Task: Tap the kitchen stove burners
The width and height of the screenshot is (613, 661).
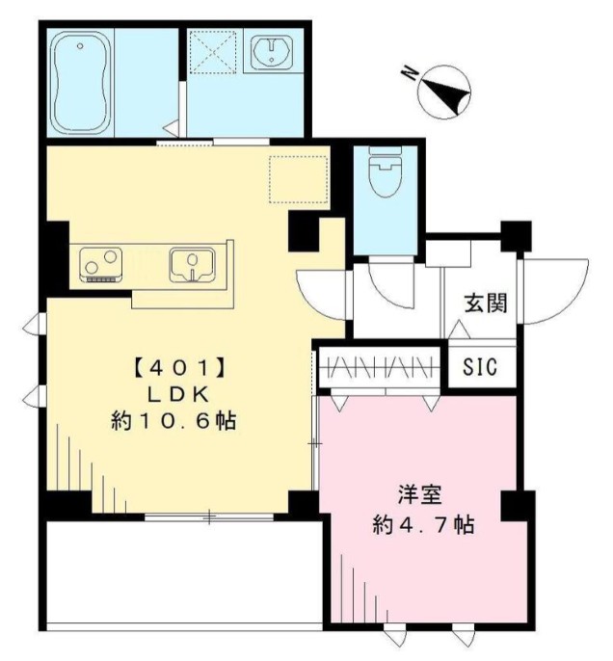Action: [x=101, y=262]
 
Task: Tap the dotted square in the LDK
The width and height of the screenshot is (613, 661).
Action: [x=299, y=179]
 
